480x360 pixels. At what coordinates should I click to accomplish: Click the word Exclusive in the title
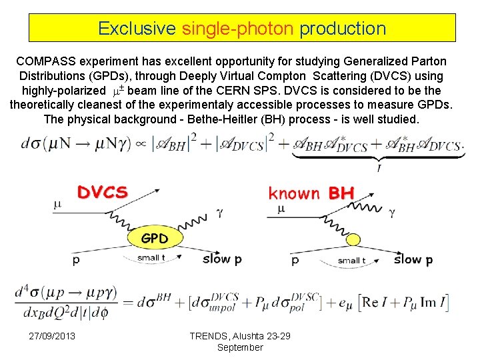[x=137, y=29]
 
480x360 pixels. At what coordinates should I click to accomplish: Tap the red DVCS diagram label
[x=102, y=193]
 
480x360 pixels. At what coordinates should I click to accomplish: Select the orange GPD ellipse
[x=153, y=238]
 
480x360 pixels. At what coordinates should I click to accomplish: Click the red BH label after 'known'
[x=341, y=193]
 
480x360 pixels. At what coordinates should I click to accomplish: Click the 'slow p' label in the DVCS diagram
[x=217, y=259]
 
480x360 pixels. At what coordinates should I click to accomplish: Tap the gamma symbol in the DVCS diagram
[x=218, y=215]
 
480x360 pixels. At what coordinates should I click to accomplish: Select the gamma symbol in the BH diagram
[x=391, y=214]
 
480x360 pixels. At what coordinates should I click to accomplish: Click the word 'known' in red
[x=294, y=193]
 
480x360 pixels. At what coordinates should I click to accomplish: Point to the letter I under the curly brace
[x=378, y=169]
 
